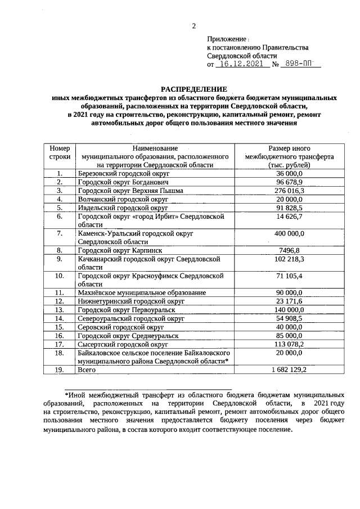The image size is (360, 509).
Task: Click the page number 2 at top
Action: [x=193, y=25]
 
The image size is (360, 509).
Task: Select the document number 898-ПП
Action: [x=300, y=65]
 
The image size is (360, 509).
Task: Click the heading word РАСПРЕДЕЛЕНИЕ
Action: [x=194, y=89]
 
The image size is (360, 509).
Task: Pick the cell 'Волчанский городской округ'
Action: [x=123, y=199]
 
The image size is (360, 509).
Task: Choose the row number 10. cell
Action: [x=59, y=276]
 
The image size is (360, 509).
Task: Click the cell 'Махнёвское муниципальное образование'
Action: [x=142, y=292]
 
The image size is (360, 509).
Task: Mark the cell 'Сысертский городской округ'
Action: [x=123, y=344]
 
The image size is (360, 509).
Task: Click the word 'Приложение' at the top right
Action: [x=226, y=39]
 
